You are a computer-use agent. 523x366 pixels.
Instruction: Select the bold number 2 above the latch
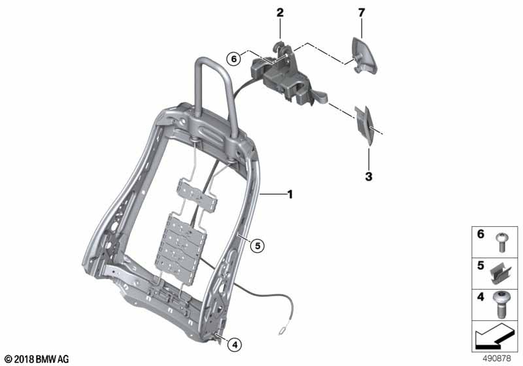click(280, 13)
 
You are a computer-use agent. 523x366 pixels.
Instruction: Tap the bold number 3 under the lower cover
click(369, 176)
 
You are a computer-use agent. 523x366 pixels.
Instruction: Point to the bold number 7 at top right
click(360, 13)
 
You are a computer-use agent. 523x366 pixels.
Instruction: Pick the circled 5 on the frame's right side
click(258, 246)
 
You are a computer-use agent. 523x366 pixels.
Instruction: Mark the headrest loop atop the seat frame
click(216, 85)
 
